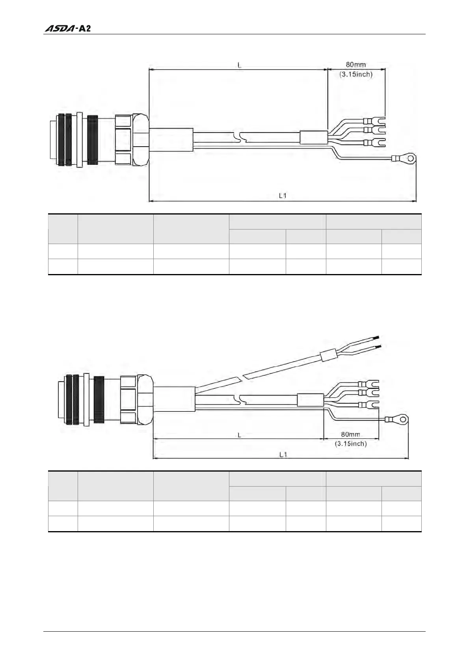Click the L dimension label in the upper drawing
(x=239, y=65)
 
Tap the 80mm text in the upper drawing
(x=356, y=65)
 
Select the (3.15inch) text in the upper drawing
(x=356, y=74)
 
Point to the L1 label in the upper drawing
(x=283, y=195)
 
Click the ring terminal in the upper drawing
(x=410, y=159)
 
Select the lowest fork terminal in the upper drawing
(x=378, y=142)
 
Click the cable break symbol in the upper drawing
(x=240, y=137)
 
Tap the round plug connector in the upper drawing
(x=99, y=140)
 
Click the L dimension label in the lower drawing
(x=239, y=435)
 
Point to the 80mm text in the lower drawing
(x=350, y=435)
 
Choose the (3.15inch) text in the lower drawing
(x=350, y=444)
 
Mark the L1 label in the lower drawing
(x=283, y=455)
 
